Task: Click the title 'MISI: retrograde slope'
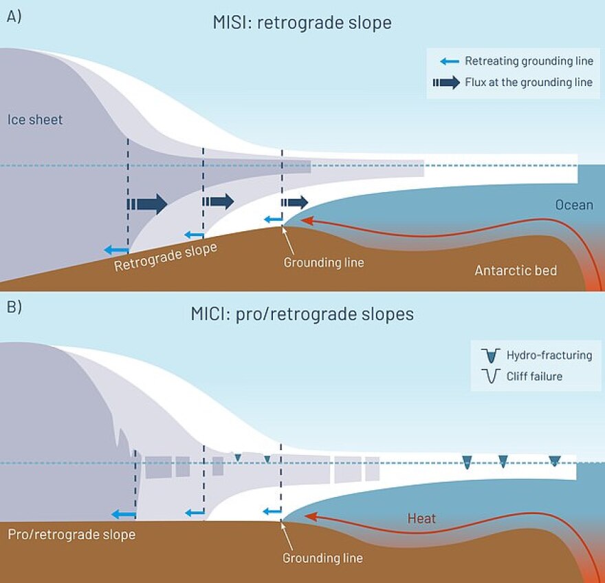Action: (302, 23)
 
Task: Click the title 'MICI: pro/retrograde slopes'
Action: (302, 315)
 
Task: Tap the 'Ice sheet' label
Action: (35, 120)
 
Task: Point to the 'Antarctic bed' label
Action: (516, 271)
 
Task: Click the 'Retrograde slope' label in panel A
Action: (165, 257)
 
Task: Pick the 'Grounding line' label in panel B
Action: (322, 558)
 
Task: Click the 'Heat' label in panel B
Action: (421, 518)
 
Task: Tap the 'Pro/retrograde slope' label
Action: (71, 534)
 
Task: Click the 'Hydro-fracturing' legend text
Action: (549, 355)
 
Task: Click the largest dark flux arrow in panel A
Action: (147, 204)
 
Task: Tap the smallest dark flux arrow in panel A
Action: (294, 202)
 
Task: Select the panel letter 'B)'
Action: (14, 307)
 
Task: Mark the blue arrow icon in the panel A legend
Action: (450, 61)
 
